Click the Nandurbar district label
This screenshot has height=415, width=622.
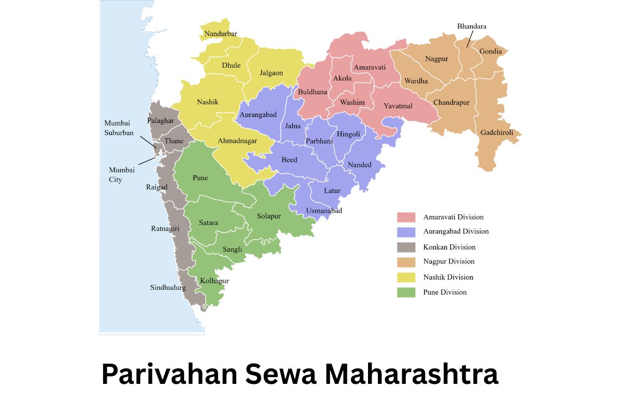pos(221,34)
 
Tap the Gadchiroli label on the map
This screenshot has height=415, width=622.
pos(497,133)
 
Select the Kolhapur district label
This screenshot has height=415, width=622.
pos(215,281)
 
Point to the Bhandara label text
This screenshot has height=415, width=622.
pos(472,26)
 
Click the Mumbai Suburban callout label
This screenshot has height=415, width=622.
pos(119,128)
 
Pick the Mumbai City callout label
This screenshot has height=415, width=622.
pos(122,175)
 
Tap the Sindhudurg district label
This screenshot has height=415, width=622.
pos(168,288)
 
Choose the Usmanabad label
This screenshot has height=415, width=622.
pos(324,211)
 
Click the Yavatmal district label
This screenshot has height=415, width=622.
pos(398,106)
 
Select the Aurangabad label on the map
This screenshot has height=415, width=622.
pos(258,115)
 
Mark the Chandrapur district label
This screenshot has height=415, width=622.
pos(451,103)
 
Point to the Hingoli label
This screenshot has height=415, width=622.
pos(348,134)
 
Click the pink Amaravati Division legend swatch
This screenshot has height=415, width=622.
pos(406,217)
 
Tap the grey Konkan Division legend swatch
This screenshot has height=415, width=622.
pos(406,247)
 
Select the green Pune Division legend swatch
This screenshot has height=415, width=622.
pos(406,293)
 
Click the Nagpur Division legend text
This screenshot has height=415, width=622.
pos(449,262)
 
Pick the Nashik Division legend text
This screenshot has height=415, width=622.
pos(448,277)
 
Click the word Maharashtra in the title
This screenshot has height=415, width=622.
pos(412,375)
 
